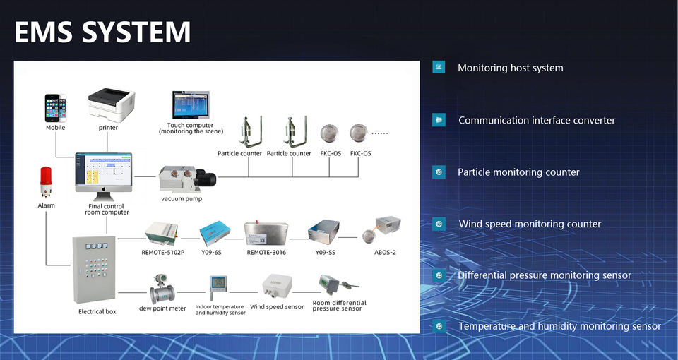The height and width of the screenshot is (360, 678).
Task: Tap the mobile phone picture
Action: (56, 109)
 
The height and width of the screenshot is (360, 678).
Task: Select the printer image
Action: (109, 105)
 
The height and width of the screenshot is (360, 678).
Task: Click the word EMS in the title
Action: (47, 32)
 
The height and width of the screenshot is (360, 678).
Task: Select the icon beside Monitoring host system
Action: (439, 68)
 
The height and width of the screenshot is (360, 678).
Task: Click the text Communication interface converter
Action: (537, 121)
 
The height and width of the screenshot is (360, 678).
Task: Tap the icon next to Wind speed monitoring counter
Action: (439, 224)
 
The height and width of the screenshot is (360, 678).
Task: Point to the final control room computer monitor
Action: (104, 171)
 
